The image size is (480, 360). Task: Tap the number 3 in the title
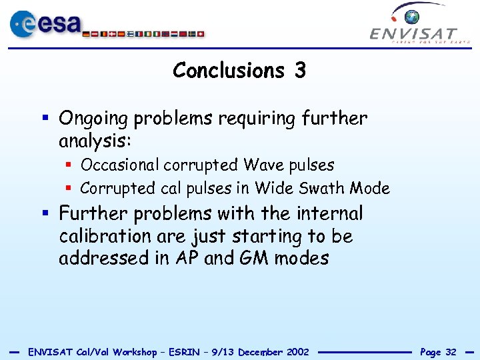click(x=299, y=70)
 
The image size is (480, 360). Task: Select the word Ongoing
click(x=94, y=119)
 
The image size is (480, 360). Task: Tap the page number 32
click(x=451, y=352)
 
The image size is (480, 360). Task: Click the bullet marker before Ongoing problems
click(x=45, y=119)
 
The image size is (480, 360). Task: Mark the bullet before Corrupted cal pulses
click(x=69, y=189)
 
